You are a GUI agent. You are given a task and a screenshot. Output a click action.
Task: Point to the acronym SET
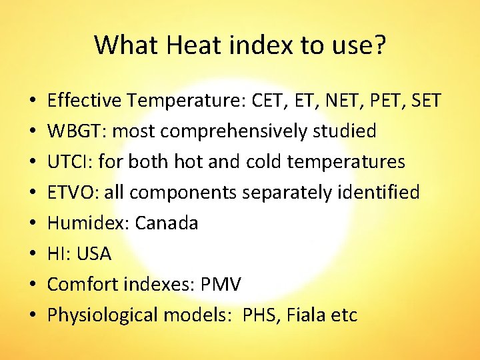423,101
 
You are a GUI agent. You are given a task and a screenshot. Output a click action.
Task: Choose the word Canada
167,223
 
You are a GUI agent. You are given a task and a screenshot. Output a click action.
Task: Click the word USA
94,254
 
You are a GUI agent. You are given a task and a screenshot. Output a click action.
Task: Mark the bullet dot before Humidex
31,224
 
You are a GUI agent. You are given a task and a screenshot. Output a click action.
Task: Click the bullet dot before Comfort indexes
31,285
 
